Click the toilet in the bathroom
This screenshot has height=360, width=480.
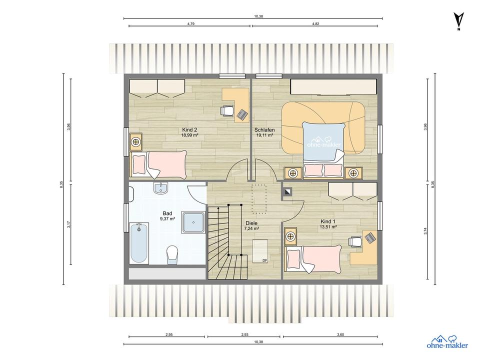point(172,254)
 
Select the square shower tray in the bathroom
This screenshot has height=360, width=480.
point(193,222)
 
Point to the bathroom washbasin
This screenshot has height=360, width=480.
point(160,188)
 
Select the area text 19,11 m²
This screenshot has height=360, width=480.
point(264,135)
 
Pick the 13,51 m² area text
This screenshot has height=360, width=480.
point(329,227)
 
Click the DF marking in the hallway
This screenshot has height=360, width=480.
point(265,260)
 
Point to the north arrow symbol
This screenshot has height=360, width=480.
point(458,21)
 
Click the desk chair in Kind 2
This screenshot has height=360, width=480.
point(227,110)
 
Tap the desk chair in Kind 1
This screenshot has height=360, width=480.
point(355,241)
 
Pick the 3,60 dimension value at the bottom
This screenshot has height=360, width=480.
point(340,334)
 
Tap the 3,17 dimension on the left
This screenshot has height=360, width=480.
point(69,224)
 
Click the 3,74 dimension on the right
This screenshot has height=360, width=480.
point(425,231)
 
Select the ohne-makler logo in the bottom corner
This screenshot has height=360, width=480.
point(447,342)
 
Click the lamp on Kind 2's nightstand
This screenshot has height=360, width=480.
point(135,141)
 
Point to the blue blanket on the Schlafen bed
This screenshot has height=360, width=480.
point(322,140)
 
